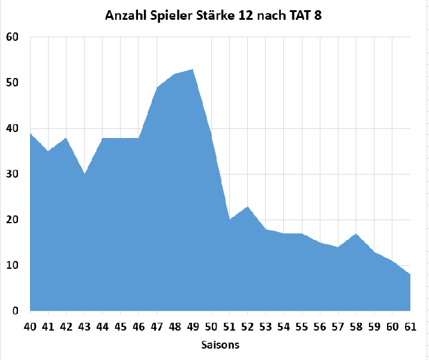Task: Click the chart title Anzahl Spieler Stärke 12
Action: [214, 16]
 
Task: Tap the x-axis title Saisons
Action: [220, 345]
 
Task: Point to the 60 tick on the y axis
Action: [13, 37]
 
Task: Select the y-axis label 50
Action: [13, 83]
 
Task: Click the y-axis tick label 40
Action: [13, 128]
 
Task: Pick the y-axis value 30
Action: [13, 174]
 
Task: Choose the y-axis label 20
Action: [13, 220]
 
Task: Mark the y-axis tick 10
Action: [13, 265]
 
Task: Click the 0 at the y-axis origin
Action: [16, 311]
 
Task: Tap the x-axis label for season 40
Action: [30, 326]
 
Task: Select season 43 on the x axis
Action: [85, 326]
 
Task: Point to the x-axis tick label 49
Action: [193, 326]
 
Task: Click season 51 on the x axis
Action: [229, 326]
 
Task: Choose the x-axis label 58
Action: [356, 326]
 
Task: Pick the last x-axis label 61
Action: [410, 326]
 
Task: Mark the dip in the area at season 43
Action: [85, 174]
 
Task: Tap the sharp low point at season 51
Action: [229, 220]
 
